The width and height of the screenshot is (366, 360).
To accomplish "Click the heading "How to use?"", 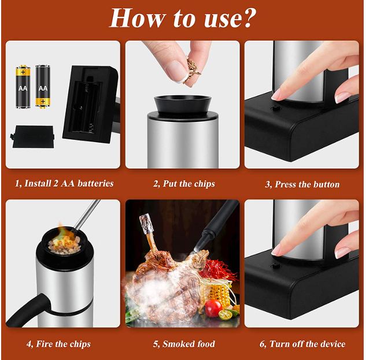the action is [183, 18].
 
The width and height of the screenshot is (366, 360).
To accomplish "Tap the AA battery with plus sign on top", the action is [23, 87].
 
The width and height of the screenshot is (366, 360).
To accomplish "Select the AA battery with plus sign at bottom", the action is [43, 87].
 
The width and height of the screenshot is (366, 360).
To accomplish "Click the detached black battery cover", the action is [33, 136].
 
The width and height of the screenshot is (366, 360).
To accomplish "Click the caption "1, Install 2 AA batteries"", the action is [64, 184].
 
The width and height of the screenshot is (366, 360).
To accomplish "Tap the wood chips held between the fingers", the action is [192, 69].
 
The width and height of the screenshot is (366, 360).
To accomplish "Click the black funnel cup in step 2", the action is [183, 105].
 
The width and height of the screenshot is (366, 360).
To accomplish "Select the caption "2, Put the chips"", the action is [184, 184].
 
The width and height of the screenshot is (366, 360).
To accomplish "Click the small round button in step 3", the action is [275, 108].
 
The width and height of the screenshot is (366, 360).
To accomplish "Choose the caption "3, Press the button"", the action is [302, 184].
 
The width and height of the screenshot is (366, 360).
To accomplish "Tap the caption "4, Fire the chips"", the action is [58, 344].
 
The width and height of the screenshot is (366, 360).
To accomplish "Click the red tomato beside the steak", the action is [213, 308].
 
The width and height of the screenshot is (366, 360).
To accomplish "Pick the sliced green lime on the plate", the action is [225, 314].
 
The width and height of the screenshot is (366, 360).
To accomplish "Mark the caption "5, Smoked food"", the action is [184, 344].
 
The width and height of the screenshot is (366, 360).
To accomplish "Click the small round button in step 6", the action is [275, 266].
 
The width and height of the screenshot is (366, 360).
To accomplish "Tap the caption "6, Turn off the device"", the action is [302, 344].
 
